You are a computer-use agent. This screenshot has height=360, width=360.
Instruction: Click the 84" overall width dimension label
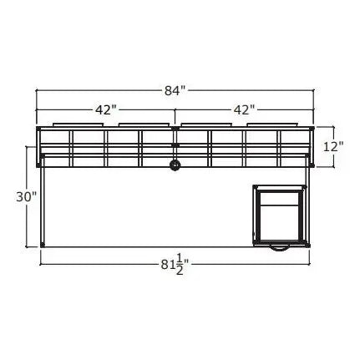point(175,90)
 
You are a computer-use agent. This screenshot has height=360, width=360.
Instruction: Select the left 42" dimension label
point(104,109)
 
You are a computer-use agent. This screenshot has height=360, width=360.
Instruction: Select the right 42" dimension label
point(242,109)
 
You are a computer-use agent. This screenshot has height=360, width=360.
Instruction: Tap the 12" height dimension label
point(333,147)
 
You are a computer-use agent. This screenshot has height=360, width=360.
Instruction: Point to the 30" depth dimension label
point(26,197)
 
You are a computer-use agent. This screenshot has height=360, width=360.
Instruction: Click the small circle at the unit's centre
point(175,165)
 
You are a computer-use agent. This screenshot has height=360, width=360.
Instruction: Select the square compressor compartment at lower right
point(281,214)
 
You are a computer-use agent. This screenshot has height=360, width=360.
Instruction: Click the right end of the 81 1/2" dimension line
point(310,261)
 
